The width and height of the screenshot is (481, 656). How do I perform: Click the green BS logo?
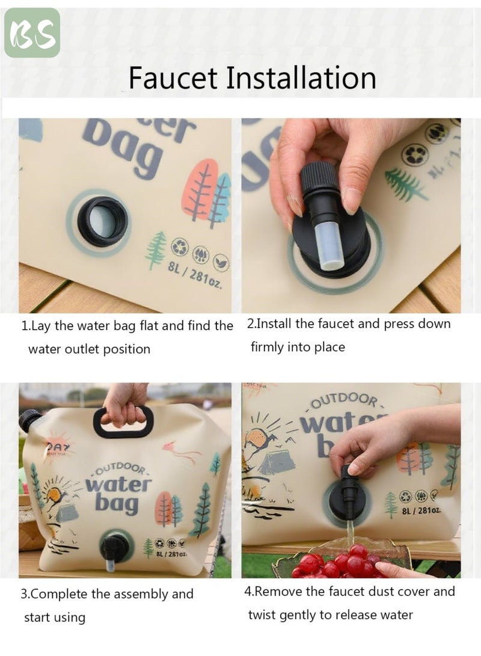coord(32,32)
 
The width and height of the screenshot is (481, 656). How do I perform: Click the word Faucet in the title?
coord(173,78)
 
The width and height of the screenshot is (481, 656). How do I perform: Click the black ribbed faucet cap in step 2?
coord(319,178)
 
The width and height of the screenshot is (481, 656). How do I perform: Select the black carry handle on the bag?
coord(123,423)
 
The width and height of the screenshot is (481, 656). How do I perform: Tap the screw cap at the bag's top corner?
coord(29,420)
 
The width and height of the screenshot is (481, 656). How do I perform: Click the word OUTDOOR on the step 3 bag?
coord(120,470)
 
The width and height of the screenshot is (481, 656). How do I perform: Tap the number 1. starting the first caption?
coord(26,326)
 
